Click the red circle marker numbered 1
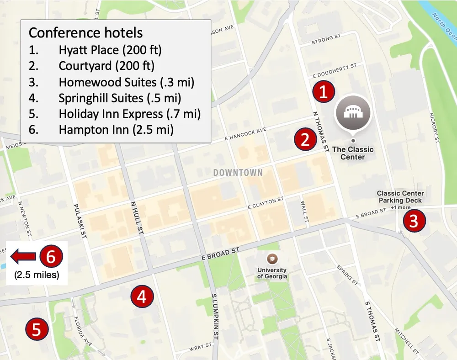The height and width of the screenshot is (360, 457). click(324, 92)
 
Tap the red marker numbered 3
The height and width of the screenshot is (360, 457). click(414, 221)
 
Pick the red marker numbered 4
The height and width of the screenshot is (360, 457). click(142, 297)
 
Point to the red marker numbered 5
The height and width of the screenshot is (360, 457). click(37, 329)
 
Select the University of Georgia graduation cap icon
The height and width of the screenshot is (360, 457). click(272, 258)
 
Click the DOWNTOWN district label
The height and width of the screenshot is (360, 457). click(238, 173)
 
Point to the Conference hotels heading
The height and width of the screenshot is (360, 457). click(85, 33)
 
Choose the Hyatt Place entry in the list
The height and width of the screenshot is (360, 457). click(110, 50)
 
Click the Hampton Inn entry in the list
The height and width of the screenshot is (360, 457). click(116, 129)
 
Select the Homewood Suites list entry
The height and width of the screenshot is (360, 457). click(126, 82)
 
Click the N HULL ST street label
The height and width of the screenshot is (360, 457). click(138, 219)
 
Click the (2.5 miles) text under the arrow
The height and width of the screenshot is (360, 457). click(36, 275)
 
